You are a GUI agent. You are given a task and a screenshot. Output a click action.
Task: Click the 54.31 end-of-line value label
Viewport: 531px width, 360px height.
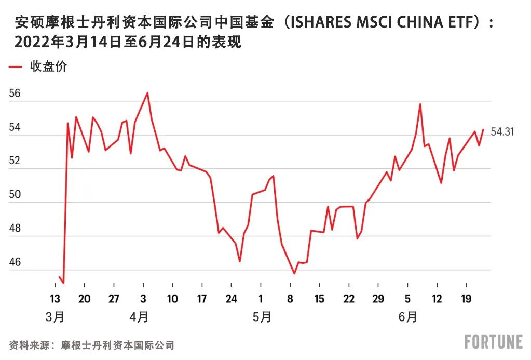(x=502, y=132)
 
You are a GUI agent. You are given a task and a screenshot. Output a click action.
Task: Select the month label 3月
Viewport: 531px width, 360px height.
(x=55, y=316)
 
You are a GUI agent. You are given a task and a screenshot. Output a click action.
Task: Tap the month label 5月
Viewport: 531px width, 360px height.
(x=262, y=316)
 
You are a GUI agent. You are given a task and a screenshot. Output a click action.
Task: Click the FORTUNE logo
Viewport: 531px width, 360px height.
(x=493, y=342)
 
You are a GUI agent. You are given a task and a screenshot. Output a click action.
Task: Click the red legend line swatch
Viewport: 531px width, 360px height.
(x=16, y=67)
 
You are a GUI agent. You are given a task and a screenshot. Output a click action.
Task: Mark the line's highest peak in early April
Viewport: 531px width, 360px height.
(x=147, y=93)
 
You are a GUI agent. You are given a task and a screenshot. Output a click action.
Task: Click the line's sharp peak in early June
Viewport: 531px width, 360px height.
(x=420, y=104)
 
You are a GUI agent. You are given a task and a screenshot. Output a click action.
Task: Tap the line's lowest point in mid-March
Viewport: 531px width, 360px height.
(x=63, y=283)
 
